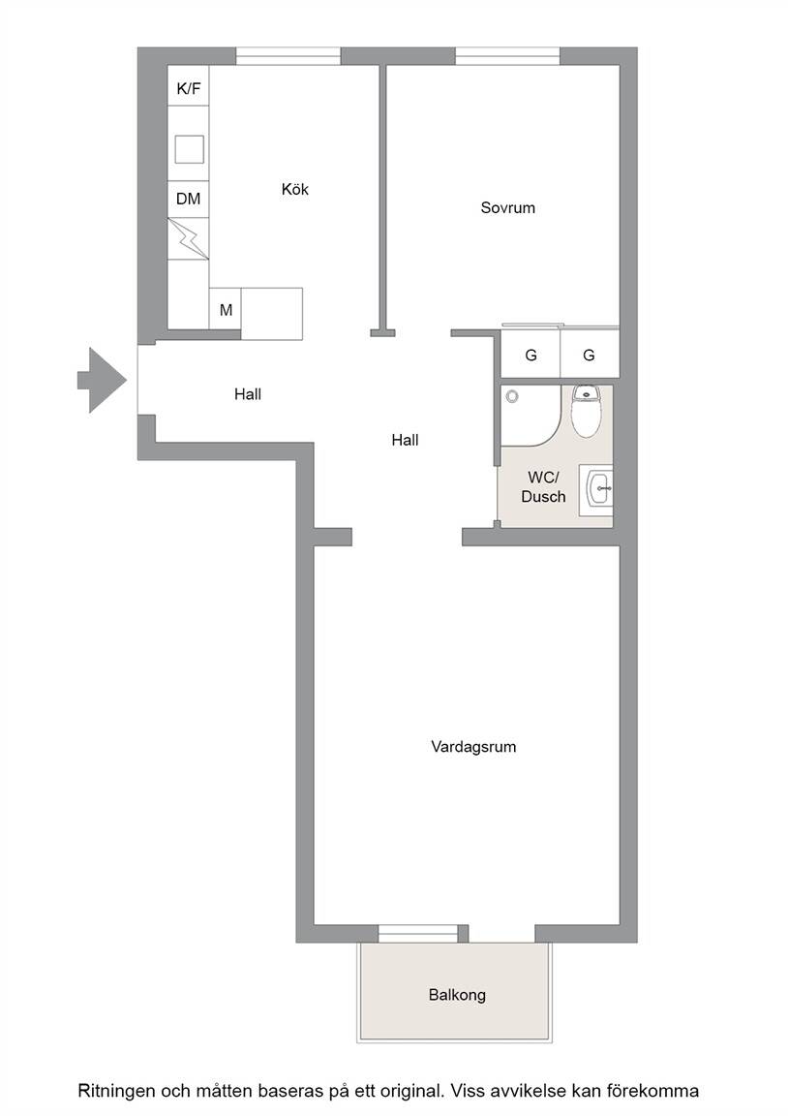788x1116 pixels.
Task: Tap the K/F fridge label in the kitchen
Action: [189, 89]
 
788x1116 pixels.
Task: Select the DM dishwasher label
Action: [189, 199]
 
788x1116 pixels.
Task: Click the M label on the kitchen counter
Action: [227, 310]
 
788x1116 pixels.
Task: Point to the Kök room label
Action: [295, 189]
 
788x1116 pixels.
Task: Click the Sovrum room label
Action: [508, 208]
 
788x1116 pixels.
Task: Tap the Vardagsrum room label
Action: [473, 747]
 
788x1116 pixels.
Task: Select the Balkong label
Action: [457, 994]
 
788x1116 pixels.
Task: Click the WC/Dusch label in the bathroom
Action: [543, 487]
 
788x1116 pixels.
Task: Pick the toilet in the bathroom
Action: [587, 412]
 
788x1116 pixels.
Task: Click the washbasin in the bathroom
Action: [596, 490]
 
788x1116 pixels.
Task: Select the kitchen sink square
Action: [189, 149]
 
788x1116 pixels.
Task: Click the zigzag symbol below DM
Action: [189, 238]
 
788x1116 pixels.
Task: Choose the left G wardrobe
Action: [530, 355]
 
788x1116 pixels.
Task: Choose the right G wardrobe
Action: [590, 355]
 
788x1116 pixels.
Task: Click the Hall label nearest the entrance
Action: [248, 394]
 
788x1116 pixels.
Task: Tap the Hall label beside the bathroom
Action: [405, 441]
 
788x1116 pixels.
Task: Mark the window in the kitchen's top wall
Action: [288, 55]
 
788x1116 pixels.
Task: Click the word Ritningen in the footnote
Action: [116, 1091]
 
